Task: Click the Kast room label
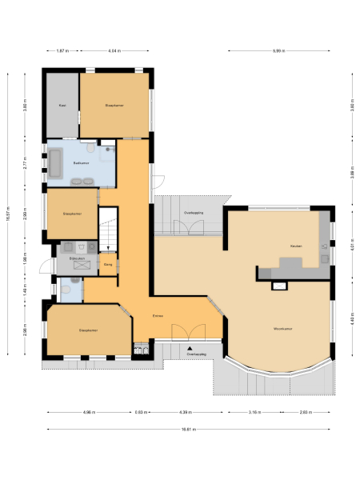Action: tap(61, 106)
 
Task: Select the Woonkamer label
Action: tap(280, 328)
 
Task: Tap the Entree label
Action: tap(158, 316)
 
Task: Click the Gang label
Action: tap(108, 263)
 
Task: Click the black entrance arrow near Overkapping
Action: tap(190, 349)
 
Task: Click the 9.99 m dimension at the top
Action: tap(278, 50)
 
